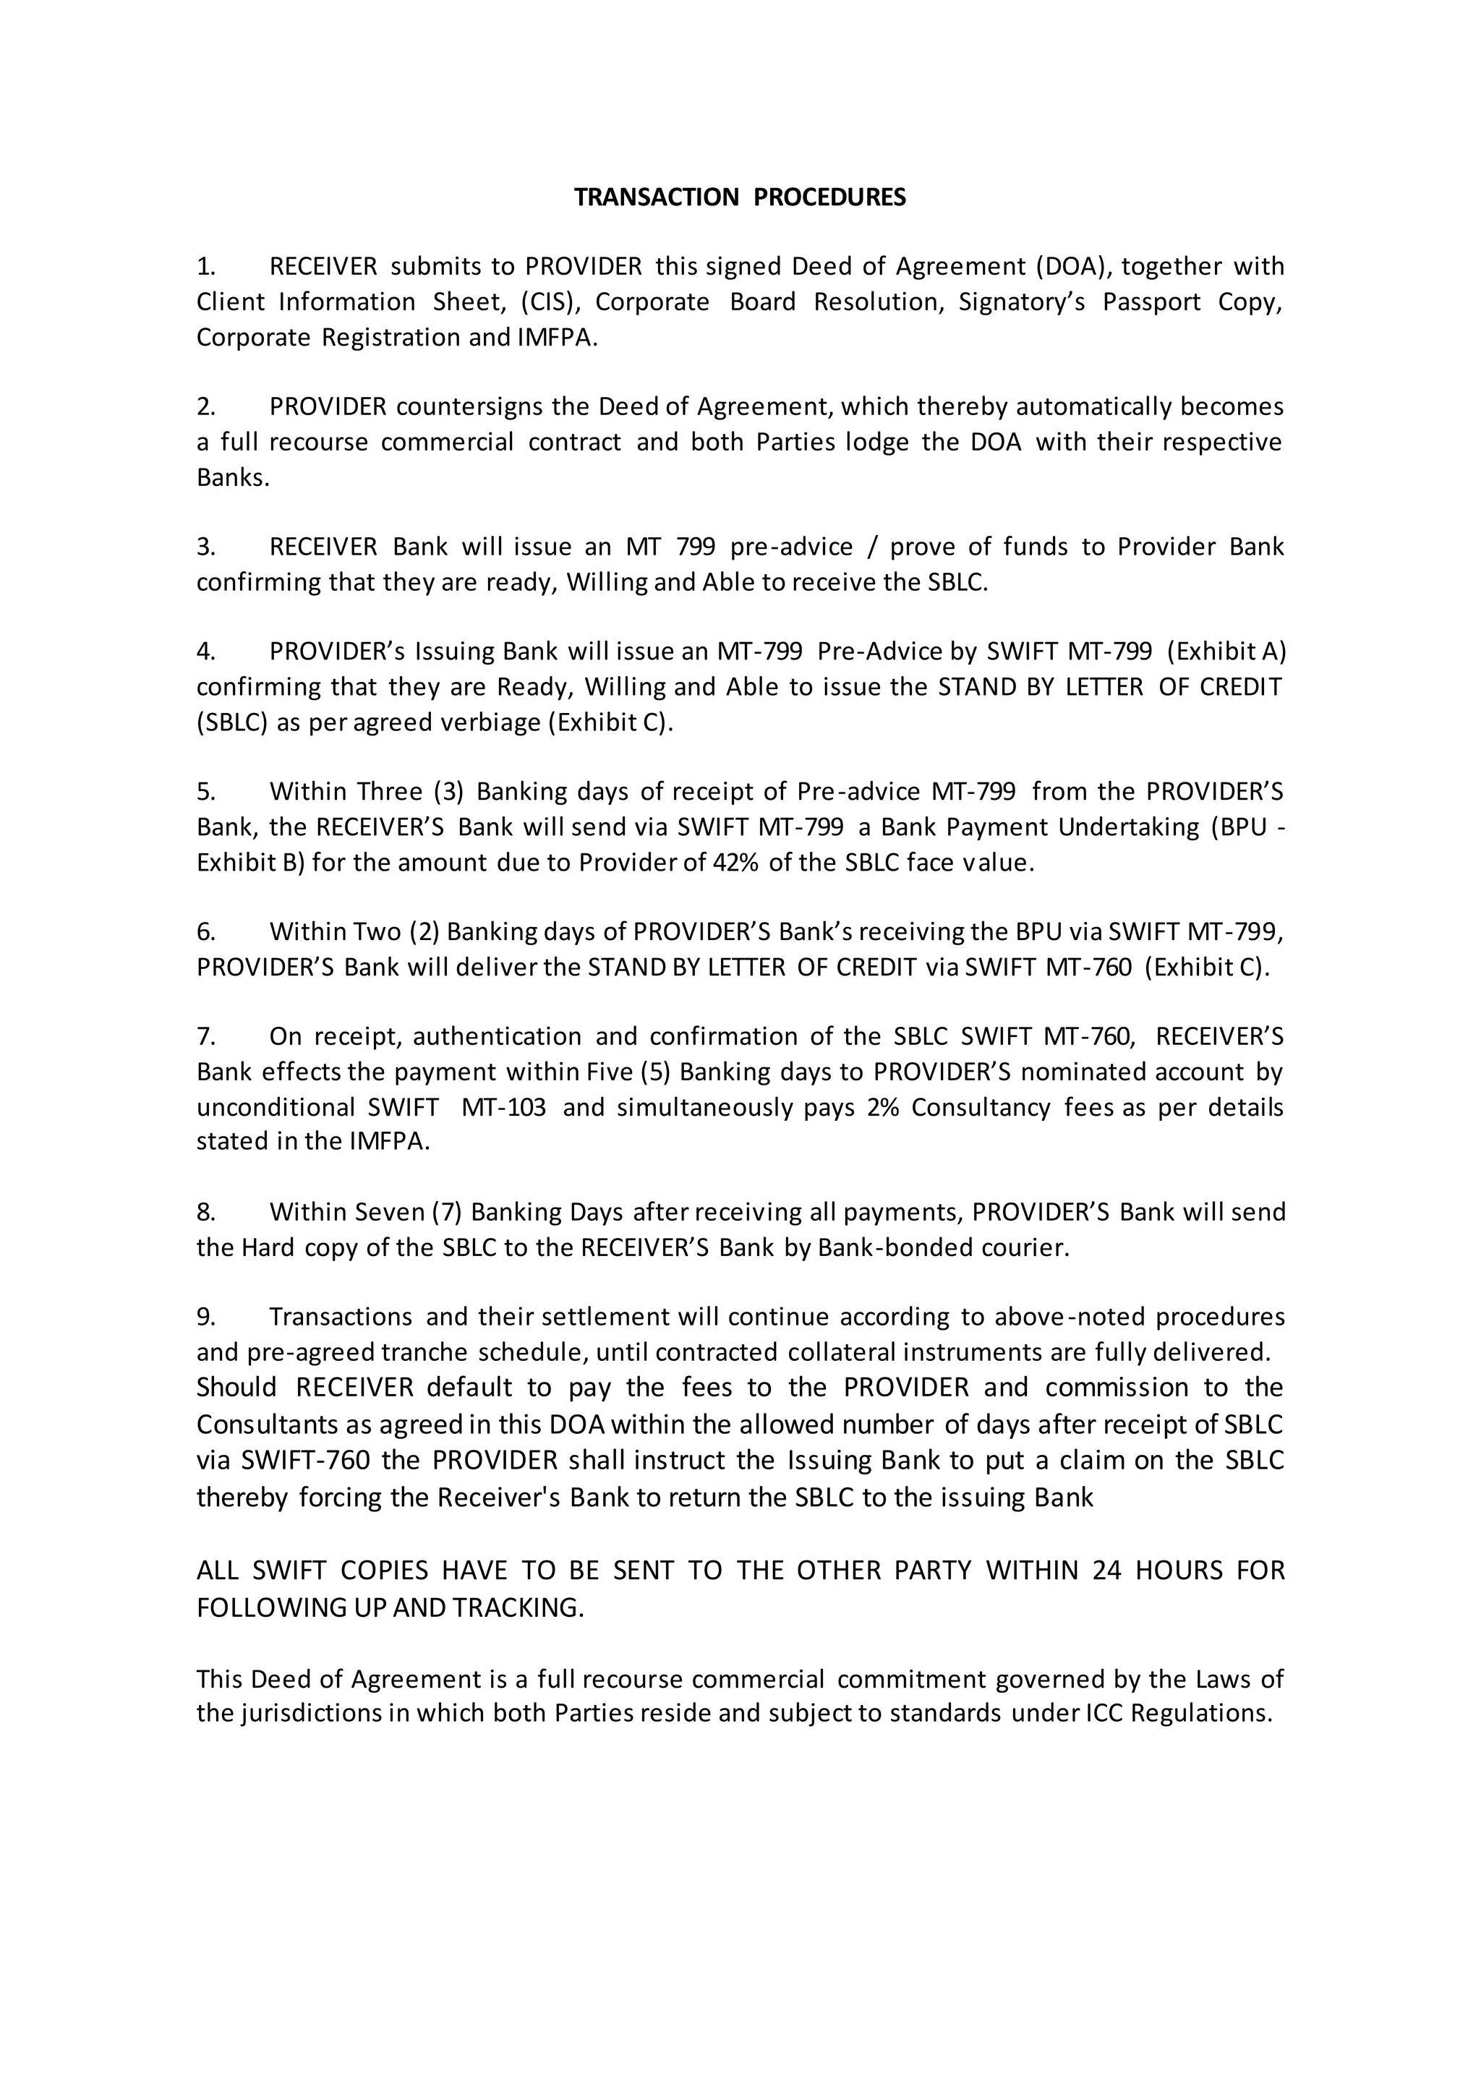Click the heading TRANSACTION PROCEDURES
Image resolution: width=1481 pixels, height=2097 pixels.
(740, 197)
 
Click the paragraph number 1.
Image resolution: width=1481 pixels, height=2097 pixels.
(205, 267)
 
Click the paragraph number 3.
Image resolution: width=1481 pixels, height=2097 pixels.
(205, 547)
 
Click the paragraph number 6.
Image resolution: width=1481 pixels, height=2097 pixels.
(205, 931)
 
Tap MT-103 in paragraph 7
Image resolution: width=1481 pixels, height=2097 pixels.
(504, 1107)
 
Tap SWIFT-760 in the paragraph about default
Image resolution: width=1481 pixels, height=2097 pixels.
(306, 1459)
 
